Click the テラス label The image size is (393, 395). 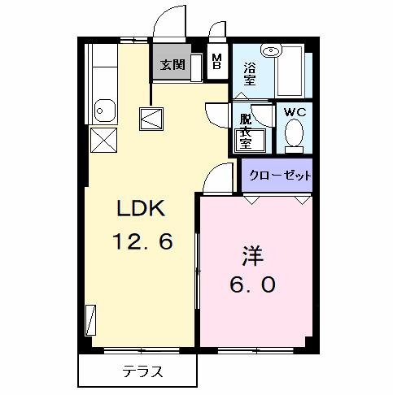coord(142,373)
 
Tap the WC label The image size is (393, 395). coord(293,112)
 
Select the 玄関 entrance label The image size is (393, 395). coord(172,64)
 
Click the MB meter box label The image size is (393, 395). coord(216,61)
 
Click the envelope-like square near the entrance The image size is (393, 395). coord(152,119)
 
